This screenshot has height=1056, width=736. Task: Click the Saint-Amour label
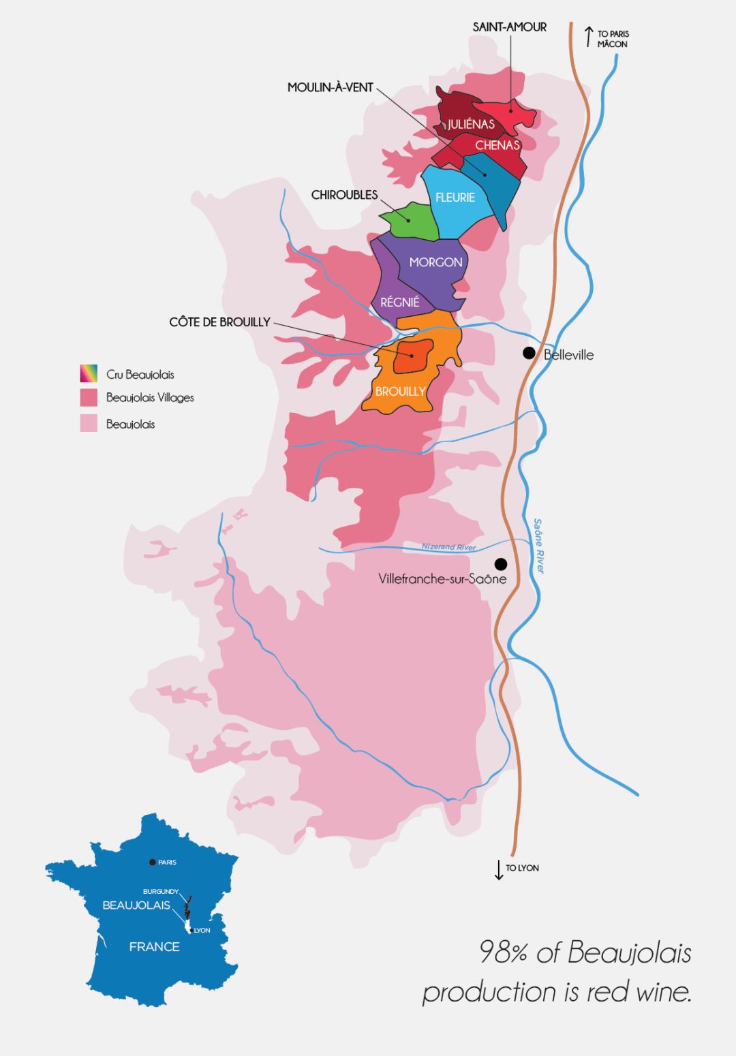(509, 27)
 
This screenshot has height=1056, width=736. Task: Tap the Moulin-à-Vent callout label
(331, 87)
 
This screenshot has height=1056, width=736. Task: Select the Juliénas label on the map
(471, 124)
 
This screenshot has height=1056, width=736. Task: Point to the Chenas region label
(497, 145)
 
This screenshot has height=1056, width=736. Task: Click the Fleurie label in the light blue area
(455, 198)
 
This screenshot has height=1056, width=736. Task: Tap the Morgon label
(435, 262)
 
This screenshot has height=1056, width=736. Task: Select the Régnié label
(400, 302)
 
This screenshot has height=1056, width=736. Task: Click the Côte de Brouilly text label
(219, 322)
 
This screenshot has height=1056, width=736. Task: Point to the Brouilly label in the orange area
(400, 392)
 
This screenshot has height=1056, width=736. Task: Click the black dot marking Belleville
(529, 353)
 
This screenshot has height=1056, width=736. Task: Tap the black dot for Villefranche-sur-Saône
(501, 564)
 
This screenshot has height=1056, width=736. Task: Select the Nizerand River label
(448, 547)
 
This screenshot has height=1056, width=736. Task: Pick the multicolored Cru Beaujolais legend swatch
(89, 373)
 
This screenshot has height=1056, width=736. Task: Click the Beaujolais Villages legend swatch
(89, 398)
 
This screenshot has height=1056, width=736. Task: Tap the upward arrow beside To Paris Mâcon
(589, 37)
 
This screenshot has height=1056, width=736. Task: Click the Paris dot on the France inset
(152, 862)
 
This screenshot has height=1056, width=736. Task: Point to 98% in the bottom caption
(503, 952)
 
